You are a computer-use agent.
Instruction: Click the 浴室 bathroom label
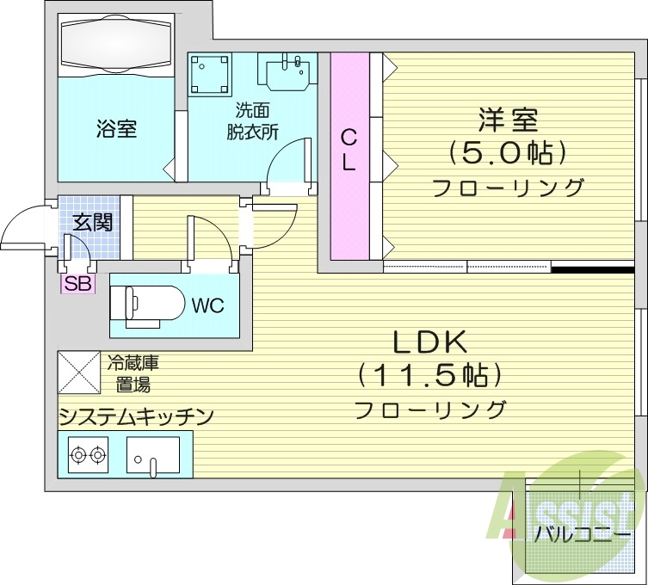point(116,130)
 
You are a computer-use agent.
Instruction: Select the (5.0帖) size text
point(508,154)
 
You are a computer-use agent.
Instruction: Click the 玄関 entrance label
point(92,221)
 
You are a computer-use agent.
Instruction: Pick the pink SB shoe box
point(77,284)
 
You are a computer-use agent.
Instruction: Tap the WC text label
point(207,305)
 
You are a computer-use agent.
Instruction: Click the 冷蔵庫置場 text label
point(133,373)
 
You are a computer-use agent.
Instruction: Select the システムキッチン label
point(135,417)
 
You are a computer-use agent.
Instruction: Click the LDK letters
point(429,342)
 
